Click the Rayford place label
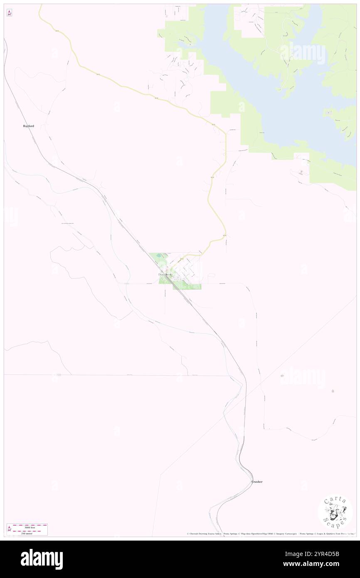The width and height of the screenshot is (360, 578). [28, 126]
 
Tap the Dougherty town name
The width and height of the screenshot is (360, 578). [165, 274]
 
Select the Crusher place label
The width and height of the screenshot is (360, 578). [256, 482]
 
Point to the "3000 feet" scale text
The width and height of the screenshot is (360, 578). [30, 527]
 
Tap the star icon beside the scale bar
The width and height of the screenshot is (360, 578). [9, 529]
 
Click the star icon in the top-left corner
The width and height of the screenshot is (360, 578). [9, 13]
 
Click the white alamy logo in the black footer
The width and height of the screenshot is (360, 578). [42, 559]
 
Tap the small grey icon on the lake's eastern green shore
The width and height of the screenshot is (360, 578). [328, 112]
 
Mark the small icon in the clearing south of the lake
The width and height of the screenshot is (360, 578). [301, 171]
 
